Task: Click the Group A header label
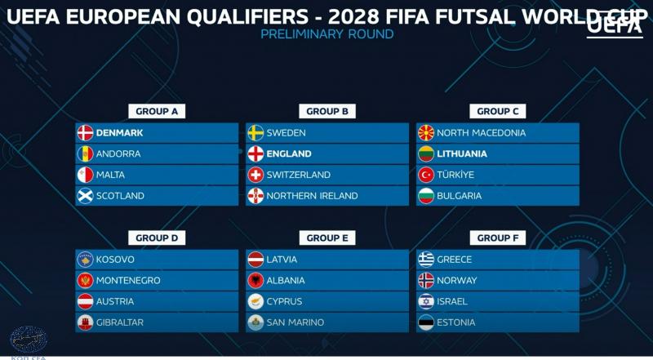158,111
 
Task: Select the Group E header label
327,238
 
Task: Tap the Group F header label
497,238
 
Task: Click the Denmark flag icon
85,133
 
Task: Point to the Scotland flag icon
85,196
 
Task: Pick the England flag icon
255,153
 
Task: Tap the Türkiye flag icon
425,175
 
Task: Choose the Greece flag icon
425,260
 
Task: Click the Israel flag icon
425,301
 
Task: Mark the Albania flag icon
255,280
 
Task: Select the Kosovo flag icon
85,260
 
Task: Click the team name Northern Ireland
312,196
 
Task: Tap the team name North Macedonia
481,132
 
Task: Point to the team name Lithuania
462,153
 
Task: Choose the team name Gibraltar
120,322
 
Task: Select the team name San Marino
295,322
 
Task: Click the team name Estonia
456,322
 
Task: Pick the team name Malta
112,175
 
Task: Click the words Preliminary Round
326,34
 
